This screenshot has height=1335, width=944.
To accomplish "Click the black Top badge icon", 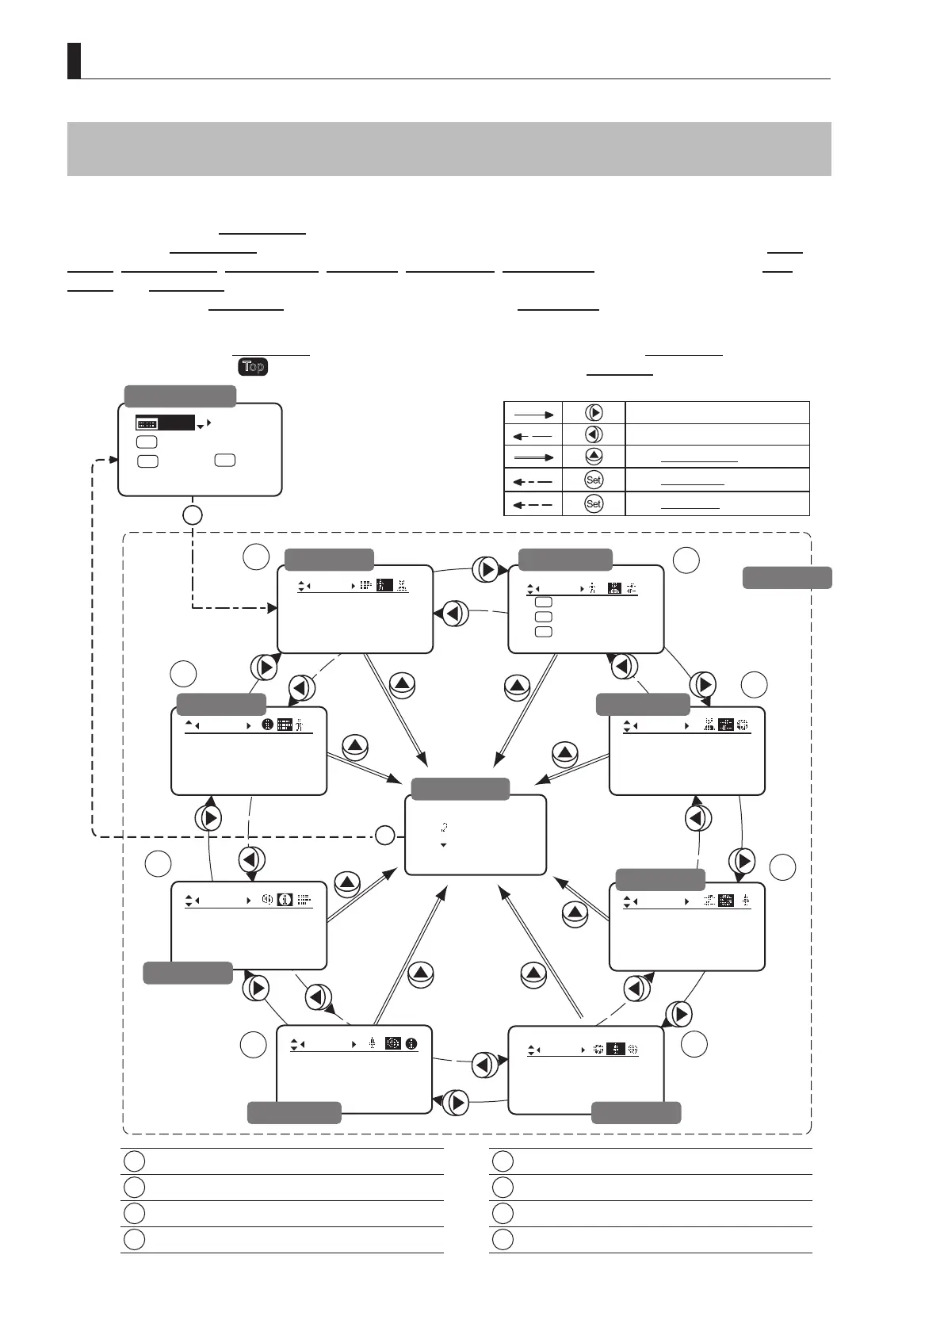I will coord(253,366).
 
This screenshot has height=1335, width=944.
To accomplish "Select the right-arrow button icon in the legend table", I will coord(594,412).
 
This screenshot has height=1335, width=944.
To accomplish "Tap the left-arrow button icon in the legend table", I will coord(594,434).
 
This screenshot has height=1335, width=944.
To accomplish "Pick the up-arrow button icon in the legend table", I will coord(594,457).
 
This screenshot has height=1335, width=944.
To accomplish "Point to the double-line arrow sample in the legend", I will coord(533,457).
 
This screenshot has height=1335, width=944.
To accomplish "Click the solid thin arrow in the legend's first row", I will coord(533,413).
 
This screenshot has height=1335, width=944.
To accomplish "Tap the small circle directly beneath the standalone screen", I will coord(192,514).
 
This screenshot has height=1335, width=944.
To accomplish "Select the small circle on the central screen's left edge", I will coord(384,834).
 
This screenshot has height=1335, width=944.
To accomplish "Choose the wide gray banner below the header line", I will coord(449,148).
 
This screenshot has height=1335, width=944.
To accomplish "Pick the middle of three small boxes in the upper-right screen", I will coord(543,617).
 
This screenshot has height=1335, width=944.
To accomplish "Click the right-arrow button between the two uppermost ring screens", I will coord(486,569).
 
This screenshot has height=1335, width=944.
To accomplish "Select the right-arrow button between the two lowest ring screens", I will coord(455,1102).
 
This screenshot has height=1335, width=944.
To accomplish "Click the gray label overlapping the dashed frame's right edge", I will coord(786,578).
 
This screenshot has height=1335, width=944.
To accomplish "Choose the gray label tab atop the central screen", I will coord(461,789).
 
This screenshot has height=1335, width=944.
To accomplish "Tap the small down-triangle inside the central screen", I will coord(443,845).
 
